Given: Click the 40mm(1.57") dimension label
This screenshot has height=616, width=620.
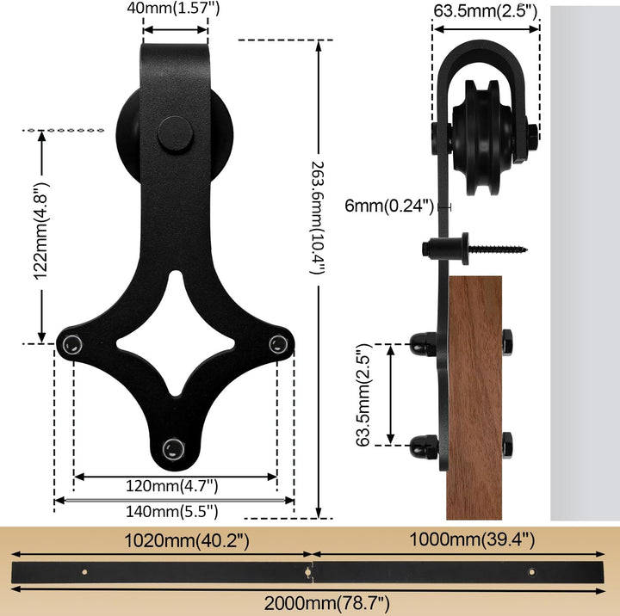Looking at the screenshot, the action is tap(173, 8).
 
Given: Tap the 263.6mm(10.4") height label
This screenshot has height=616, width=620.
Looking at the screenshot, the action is tap(317, 218).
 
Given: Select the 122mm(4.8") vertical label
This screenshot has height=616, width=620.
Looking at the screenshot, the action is tap(40, 231).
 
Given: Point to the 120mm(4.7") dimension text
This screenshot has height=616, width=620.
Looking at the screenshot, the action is tap(171, 486).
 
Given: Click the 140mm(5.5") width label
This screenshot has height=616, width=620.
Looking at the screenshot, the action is tap(171, 512).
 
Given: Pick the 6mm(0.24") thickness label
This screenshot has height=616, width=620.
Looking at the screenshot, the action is tap(389, 206).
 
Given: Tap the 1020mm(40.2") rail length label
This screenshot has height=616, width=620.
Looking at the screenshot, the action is tap(187, 541).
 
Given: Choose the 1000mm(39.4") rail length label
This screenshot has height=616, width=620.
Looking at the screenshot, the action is tap(472, 539).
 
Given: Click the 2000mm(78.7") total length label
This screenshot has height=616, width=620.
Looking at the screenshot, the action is tap(326, 604).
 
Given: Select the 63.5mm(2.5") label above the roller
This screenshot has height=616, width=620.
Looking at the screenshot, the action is tap(486, 10).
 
